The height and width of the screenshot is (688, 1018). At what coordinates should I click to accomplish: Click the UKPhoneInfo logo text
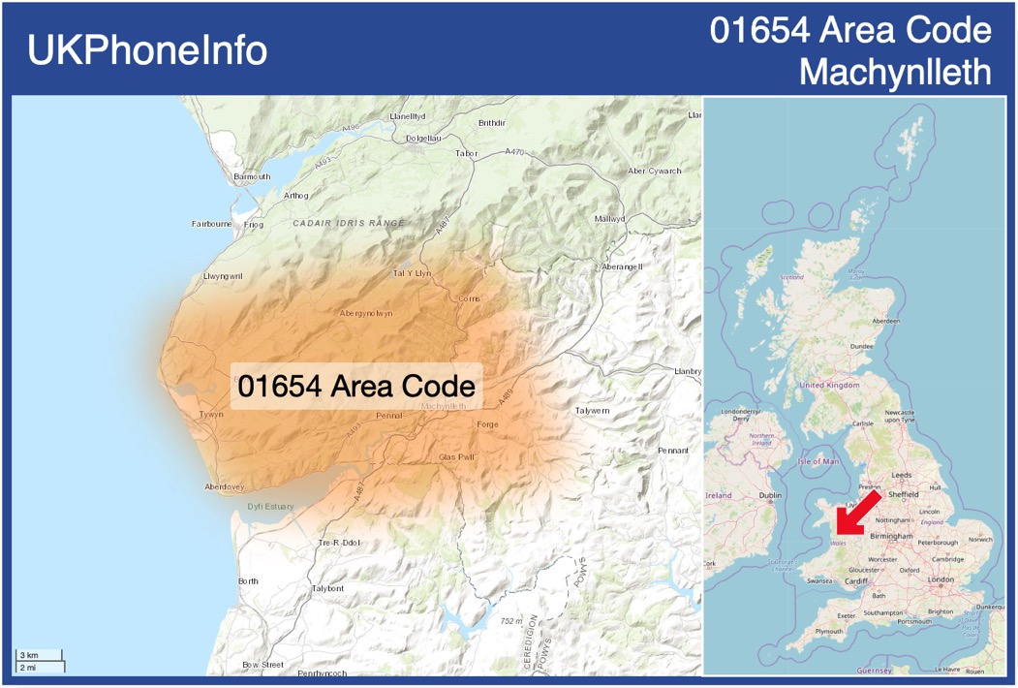coord(147,50)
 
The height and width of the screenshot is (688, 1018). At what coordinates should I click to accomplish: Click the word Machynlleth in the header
coord(896,71)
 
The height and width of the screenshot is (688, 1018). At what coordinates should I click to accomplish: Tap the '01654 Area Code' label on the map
coord(356,385)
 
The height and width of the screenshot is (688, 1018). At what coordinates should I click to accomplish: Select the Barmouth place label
coord(252,176)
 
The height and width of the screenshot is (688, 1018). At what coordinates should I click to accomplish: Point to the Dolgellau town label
coord(423,139)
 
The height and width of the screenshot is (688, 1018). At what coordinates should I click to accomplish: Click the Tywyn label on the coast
coord(211,414)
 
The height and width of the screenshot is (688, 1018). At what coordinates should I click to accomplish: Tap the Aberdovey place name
coord(225,486)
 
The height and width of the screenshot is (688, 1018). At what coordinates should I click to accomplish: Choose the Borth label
coord(248,580)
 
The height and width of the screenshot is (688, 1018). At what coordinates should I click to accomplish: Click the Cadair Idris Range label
coord(349,223)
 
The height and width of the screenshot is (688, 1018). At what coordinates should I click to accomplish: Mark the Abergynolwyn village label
coord(366,313)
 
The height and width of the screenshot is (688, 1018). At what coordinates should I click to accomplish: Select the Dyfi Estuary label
coord(269,506)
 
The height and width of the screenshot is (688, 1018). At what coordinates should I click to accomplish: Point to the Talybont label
coord(327,588)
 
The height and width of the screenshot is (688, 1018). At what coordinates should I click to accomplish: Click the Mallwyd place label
coord(609,219)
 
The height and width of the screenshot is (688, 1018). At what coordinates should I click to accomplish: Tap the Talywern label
coord(593,411)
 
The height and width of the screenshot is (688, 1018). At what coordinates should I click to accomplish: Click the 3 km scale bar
coord(40,656)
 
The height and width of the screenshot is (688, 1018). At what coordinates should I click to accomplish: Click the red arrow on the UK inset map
coord(857,513)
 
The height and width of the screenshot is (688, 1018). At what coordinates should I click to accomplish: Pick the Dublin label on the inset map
coord(770,495)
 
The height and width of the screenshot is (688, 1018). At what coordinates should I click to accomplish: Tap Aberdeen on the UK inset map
coord(885,321)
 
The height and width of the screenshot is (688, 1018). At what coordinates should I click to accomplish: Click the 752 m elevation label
coord(510,621)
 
